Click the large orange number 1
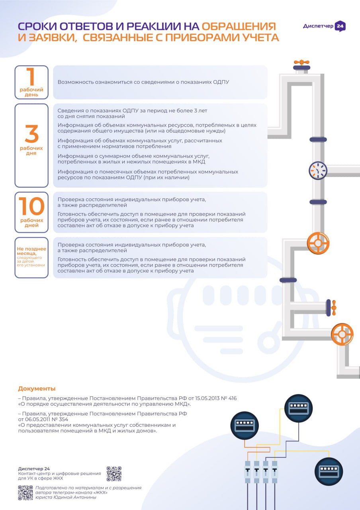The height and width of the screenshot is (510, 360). point(31,76)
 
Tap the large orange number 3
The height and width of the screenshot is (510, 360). point(31,134)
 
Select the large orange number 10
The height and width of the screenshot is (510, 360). point(31,206)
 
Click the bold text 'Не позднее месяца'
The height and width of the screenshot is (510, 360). point(31,251)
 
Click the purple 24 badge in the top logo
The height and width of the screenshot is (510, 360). point(340,26)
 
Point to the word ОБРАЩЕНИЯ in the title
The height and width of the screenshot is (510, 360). point(239,26)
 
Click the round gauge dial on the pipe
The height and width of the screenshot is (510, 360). point(318,171)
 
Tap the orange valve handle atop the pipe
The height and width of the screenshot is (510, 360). point(301,63)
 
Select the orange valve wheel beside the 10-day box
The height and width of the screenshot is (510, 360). point(318,243)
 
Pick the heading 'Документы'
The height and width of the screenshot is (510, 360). point(37,388)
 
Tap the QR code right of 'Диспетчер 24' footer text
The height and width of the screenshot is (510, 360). point(114,474)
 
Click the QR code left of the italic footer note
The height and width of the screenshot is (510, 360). point(25,493)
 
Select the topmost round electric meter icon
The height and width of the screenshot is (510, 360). point(297,408)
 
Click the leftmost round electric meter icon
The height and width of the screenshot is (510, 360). point(245,426)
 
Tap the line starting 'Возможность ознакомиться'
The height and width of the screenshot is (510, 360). point(143,82)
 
